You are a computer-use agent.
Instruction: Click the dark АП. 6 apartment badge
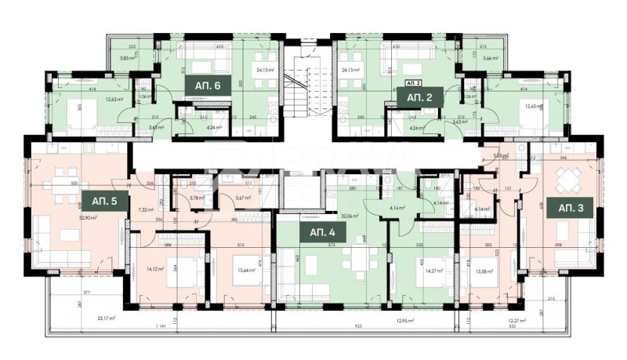coord(207,88)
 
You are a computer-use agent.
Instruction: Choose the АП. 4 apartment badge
coord(322,233)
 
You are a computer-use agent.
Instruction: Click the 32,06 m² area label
coord(349,216)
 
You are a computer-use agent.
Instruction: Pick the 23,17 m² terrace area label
coord(106,318)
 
